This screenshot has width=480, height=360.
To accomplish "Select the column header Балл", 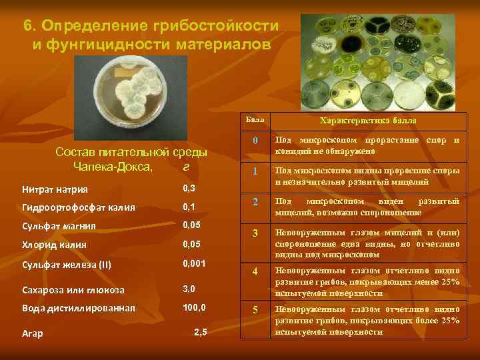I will (255, 120).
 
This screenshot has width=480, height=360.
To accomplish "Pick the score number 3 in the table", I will (255, 235).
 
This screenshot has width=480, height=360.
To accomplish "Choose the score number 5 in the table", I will (255, 310).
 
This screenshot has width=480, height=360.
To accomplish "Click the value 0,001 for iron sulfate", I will (195, 264).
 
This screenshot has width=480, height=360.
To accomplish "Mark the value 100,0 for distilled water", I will (195, 308).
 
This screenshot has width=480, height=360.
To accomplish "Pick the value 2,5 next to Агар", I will (200, 332).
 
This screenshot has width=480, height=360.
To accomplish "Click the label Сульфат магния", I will (55, 226).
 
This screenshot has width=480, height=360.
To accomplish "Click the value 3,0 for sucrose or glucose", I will (190, 289).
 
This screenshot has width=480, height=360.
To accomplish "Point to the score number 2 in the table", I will (255, 203).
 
